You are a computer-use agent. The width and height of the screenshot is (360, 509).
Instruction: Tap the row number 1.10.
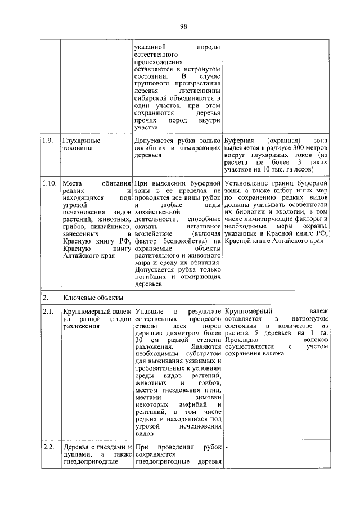49,183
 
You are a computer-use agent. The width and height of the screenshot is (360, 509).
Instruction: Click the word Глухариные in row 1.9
82,139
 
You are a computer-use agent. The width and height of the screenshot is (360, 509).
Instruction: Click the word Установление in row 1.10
248,183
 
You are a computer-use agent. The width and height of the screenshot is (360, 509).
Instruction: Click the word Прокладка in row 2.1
241,340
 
